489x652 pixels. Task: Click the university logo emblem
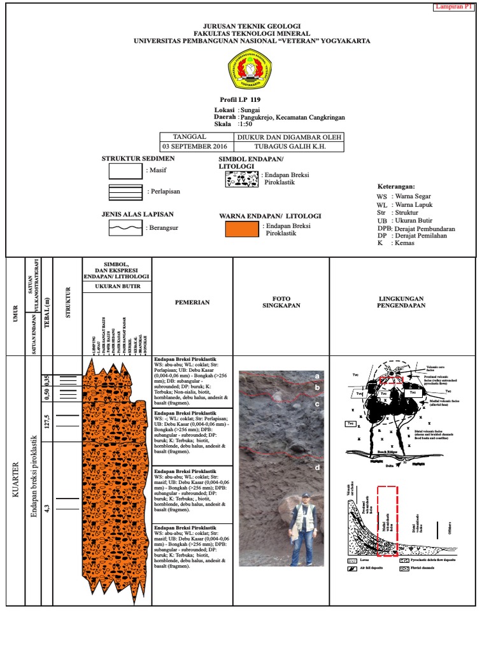coord(250,70)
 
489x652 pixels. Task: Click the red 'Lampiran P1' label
coord(455,7)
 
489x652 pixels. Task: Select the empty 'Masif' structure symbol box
coord(125,170)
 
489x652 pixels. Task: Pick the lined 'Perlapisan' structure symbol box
coord(125,191)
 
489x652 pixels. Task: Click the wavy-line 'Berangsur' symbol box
coord(125,227)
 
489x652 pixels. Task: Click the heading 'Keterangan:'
coord(400,187)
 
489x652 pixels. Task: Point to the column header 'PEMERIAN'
coord(192,302)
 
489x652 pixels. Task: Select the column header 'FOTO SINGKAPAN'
coord(281,302)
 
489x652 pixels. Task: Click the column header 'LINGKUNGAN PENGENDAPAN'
coord(402,302)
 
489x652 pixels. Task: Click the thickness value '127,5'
coord(46,424)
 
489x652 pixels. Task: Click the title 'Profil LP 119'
coord(239,100)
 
